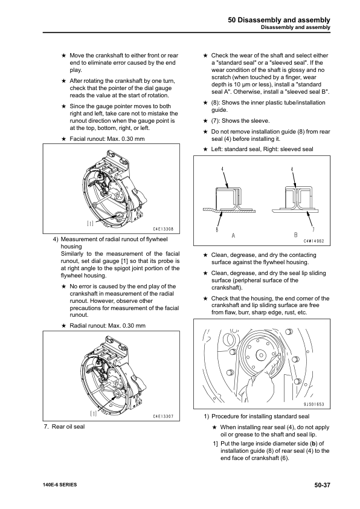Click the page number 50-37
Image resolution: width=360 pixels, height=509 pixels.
318,485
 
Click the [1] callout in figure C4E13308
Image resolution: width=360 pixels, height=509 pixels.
89,223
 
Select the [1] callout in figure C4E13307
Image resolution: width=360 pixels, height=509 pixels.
93,413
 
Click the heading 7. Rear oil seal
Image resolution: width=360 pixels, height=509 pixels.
65,427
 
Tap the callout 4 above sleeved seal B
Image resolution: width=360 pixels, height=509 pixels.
293,169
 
